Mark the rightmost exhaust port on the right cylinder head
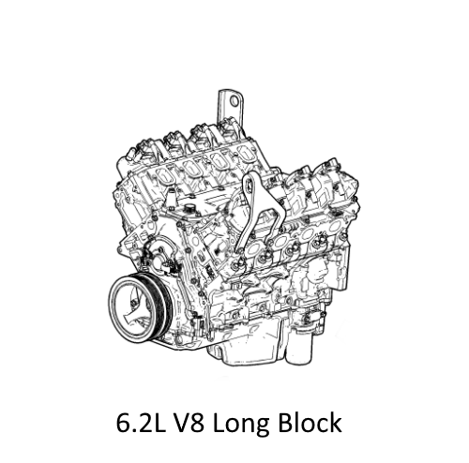[324, 225]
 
